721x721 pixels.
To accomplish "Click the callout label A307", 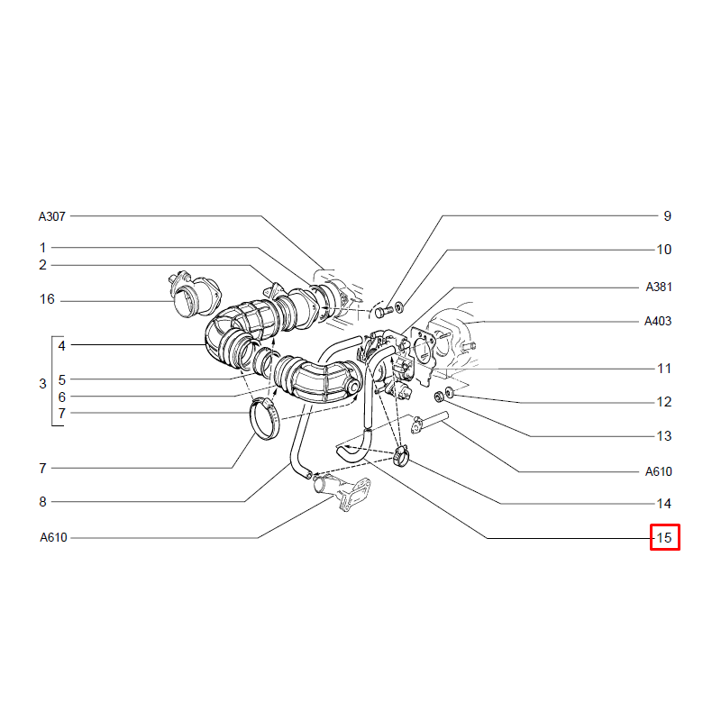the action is (x=52, y=216).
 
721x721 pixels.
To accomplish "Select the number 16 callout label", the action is (x=47, y=299).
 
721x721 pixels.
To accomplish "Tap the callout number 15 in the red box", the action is (x=664, y=537).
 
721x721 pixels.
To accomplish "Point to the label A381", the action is (x=659, y=287).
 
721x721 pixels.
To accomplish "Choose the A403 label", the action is (x=658, y=321).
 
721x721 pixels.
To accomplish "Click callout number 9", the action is (x=668, y=216).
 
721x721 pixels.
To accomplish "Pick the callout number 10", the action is (x=664, y=250).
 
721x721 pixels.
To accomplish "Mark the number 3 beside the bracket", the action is (x=42, y=384).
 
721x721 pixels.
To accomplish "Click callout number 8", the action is (x=42, y=502).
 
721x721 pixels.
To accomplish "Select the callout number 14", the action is (x=664, y=504).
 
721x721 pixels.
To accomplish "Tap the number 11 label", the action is (x=664, y=369).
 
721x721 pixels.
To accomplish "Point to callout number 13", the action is (x=664, y=436).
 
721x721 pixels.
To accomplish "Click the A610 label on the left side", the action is (x=53, y=537).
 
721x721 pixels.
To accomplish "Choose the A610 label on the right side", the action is (x=659, y=471).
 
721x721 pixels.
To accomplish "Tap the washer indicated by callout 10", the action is (x=399, y=306).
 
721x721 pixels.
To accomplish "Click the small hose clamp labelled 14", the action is (x=401, y=455).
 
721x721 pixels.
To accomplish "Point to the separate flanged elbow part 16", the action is (x=194, y=295).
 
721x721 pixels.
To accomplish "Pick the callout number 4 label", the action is (x=61, y=346).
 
